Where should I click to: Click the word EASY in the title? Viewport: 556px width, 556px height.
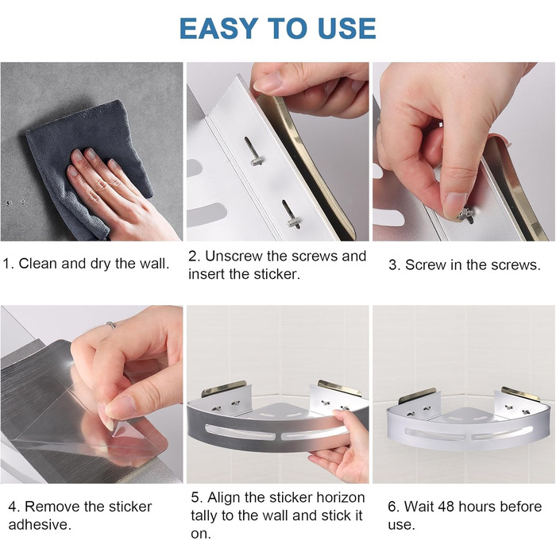218,29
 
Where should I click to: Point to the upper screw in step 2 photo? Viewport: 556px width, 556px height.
253,152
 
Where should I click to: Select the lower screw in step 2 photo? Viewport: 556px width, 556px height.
291,214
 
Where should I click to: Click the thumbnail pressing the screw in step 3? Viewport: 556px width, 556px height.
455,204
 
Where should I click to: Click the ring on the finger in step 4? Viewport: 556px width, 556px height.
111,324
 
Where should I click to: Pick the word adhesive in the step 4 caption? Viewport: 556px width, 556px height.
40,524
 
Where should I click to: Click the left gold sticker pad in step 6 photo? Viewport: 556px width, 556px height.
417,396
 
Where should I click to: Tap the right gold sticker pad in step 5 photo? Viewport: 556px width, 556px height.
340,388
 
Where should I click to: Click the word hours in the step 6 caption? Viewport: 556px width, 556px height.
477,507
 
